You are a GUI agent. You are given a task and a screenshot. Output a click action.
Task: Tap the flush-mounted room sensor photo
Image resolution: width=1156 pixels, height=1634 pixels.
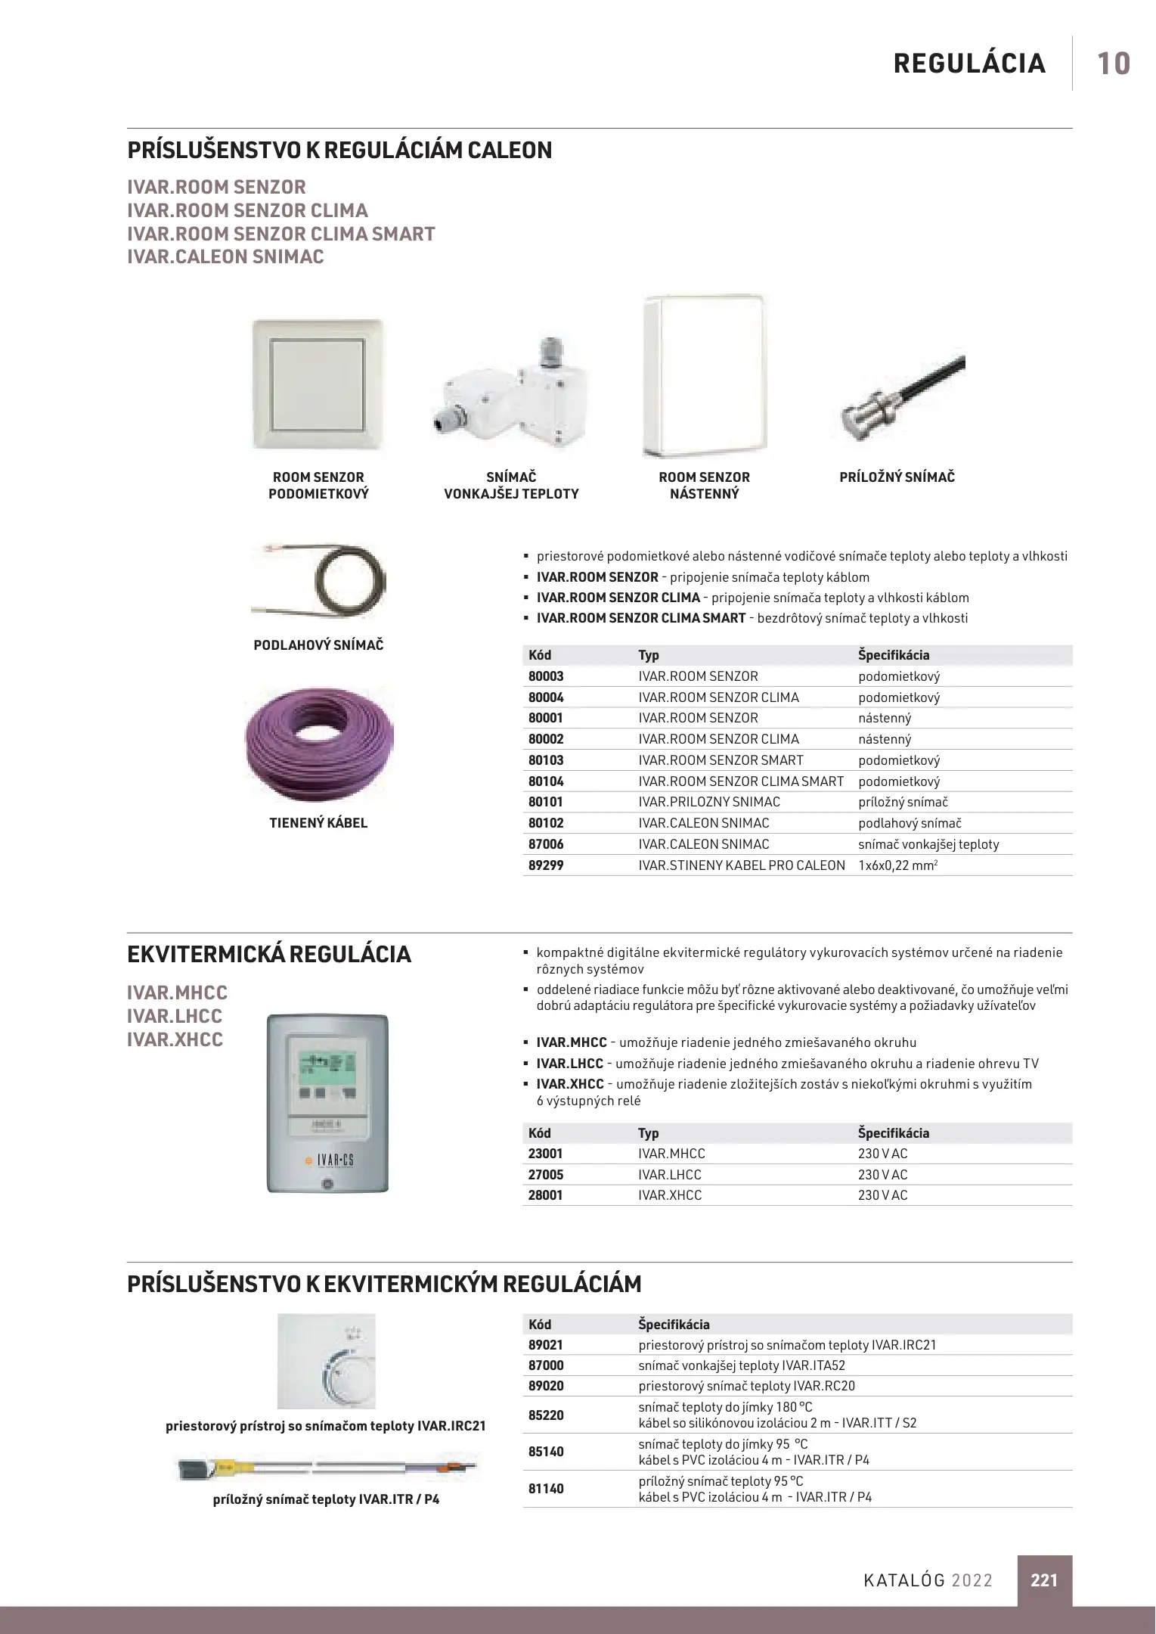(318, 384)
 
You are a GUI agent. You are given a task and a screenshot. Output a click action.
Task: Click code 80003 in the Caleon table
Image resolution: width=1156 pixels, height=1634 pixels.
(546, 676)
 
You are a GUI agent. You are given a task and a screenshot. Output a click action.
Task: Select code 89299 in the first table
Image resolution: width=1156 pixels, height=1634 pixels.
(546, 865)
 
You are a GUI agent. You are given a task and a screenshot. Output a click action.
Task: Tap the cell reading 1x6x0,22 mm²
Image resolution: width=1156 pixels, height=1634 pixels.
(897, 865)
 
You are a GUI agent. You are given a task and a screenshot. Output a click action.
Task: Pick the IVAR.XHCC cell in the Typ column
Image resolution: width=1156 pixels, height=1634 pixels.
(670, 1195)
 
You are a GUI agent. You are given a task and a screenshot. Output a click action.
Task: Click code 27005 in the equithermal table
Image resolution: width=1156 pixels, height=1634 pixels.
(546, 1175)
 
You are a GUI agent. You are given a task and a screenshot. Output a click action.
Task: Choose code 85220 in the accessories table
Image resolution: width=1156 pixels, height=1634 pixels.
(546, 1415)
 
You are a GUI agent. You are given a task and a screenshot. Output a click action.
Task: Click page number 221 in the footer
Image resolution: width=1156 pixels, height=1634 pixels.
(1044, 1580)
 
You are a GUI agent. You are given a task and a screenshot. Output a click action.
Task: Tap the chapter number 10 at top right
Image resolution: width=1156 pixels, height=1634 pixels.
(1113, 64)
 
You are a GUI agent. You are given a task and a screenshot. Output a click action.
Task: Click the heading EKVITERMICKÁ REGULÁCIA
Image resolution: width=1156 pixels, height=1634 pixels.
(269, 955)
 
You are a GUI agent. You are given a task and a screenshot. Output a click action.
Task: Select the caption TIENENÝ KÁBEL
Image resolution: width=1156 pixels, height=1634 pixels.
(318, 823)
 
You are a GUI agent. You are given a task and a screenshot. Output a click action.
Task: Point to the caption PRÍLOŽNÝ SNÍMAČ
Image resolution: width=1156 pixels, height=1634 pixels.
(897, 477)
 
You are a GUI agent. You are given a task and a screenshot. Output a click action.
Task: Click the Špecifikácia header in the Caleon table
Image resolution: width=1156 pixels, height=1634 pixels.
(894, 655)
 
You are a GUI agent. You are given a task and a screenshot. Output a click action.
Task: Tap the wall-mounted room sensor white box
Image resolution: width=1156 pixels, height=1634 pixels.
(704, 376)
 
